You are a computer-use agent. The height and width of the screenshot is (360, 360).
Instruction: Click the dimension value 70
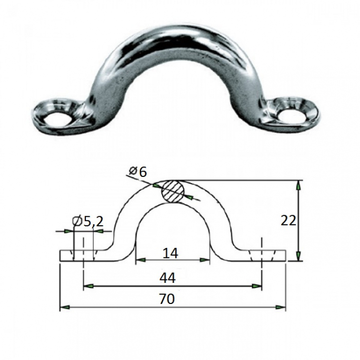167,299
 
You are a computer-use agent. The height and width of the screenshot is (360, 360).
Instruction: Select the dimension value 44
168,278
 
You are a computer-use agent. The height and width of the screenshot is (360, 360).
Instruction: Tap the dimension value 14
170,254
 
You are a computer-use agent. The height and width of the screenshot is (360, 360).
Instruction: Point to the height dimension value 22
289,221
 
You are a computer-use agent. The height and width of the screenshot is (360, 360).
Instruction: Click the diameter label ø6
138,172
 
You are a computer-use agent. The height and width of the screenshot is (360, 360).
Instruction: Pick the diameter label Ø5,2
88,222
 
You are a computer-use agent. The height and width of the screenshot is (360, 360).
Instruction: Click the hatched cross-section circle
173,191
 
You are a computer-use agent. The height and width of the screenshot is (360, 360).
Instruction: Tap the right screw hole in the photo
291,115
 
